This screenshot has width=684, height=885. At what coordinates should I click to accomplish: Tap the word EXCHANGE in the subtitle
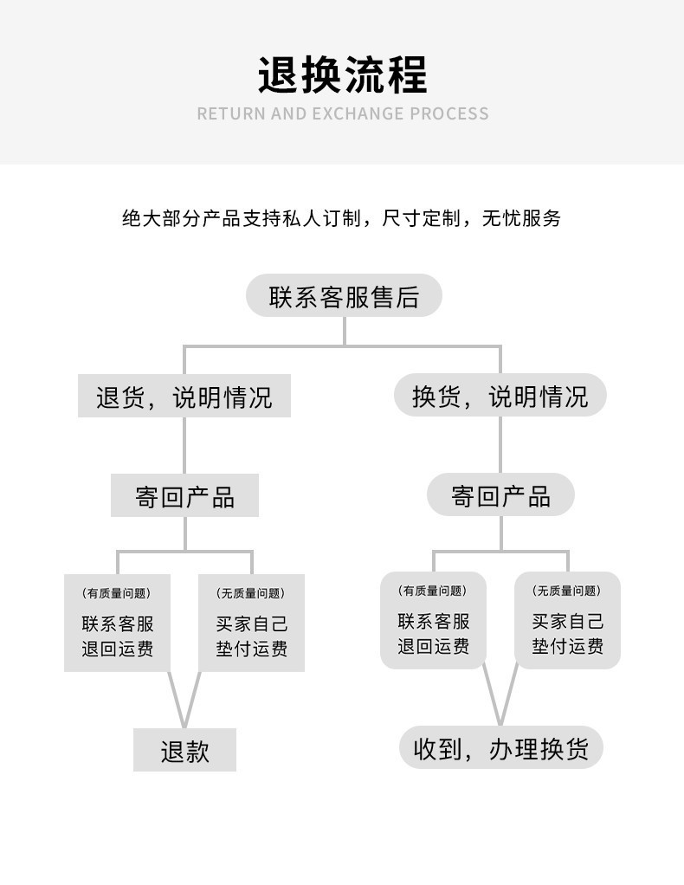(358, 113)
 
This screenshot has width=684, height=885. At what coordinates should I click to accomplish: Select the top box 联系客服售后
(344, 297)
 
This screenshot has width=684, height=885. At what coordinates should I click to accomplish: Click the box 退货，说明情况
(184, 397)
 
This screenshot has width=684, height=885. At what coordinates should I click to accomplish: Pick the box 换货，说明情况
(500, 397)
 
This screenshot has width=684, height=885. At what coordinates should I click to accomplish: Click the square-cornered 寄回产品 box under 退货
(184, 496)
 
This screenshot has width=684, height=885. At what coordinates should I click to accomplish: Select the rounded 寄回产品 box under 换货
(500, 495)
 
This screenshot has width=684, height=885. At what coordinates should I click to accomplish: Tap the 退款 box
(184, 750)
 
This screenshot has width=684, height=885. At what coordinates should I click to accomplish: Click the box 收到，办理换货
(500, 747)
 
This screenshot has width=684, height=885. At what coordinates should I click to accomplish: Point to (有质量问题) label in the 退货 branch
(117, 594)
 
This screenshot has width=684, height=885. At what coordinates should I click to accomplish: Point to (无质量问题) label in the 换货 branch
(567, 591)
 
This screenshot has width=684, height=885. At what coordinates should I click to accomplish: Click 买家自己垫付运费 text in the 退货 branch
(251, 636)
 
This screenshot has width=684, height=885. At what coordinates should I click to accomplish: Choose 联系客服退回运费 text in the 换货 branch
(433, 634)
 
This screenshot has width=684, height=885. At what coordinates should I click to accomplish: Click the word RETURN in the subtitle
(230, 113)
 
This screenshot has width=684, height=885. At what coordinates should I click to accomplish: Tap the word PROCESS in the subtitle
(448, 113)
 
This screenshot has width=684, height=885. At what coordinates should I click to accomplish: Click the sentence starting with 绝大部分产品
(342, 218)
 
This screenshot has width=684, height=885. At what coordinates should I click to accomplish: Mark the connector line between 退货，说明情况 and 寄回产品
(184, 445)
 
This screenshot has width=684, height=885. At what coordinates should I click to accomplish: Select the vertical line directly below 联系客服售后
(344, 330)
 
